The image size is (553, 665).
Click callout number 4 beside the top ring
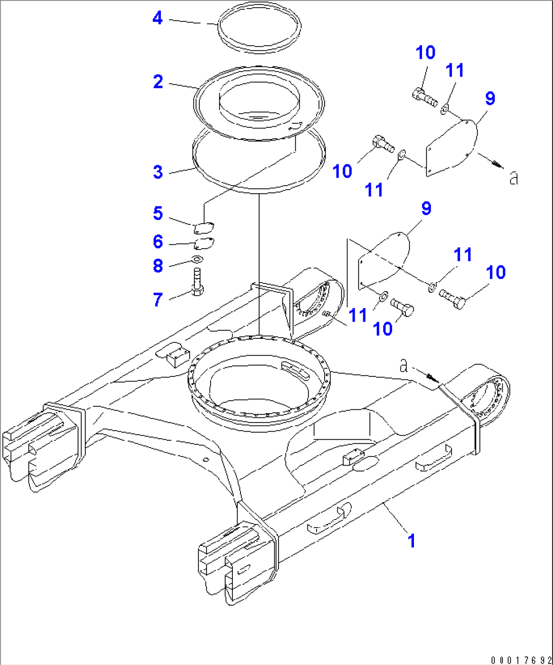[158, 18]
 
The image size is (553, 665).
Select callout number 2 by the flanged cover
[158, 81]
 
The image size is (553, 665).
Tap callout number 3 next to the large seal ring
[158, 171]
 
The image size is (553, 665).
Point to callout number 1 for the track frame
[412, 541]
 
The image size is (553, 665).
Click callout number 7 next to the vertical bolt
[158, 299]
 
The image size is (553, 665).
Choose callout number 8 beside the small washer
[158, 265]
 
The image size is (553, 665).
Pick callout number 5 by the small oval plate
[158, 213]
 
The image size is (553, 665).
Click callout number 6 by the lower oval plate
[158, 241]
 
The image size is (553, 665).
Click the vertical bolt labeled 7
[198, 282]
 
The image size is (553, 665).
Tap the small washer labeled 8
[198, 260]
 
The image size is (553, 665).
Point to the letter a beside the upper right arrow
[514, 178]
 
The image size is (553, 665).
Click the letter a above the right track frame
[404, 365]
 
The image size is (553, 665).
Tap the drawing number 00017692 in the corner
[521, 660]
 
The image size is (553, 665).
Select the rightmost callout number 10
[496, 272]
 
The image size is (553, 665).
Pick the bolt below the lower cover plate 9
[403, 306]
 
